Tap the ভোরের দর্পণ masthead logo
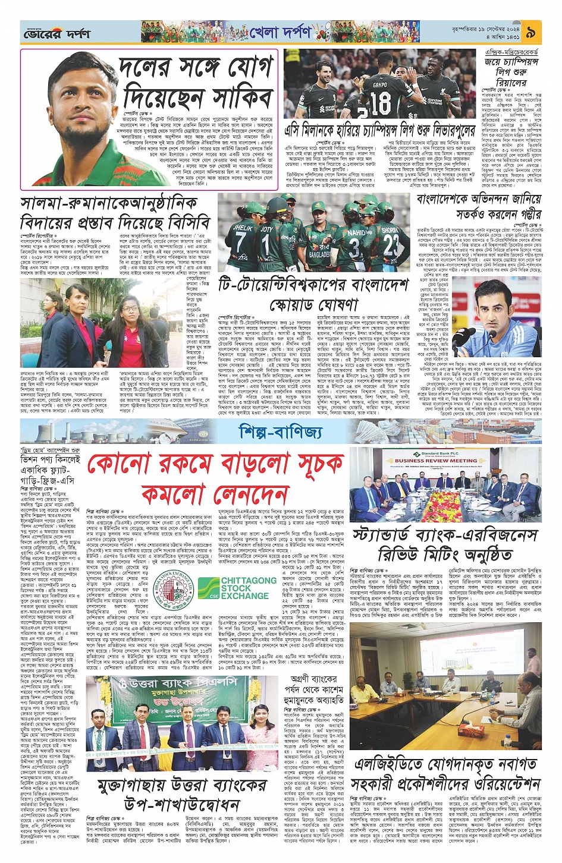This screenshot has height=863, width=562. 56,33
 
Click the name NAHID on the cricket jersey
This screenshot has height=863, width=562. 357,232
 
